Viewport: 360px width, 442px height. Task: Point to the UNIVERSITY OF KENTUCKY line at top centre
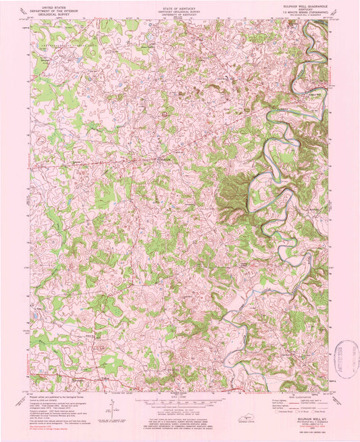[x=180, y=13]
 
